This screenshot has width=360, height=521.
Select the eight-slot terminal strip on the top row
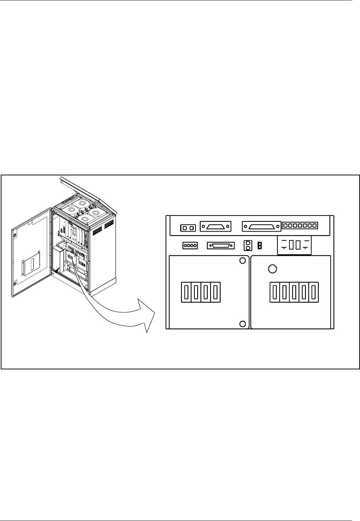tap(300, 225)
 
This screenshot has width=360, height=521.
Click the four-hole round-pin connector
tap(190, 246)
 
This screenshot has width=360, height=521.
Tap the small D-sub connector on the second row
tap(221, 246)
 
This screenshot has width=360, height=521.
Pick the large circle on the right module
tap(273, 269)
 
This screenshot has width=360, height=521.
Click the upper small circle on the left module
tap(242, 261)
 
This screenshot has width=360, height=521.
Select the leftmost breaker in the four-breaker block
tap(186, 292)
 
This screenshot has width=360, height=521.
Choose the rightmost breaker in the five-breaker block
tap(314, 292)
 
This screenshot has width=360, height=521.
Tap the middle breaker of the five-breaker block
tap(294, 292)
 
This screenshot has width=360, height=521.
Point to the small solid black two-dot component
tap(259, 246)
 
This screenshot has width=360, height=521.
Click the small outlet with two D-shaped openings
tap(249, 246)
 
